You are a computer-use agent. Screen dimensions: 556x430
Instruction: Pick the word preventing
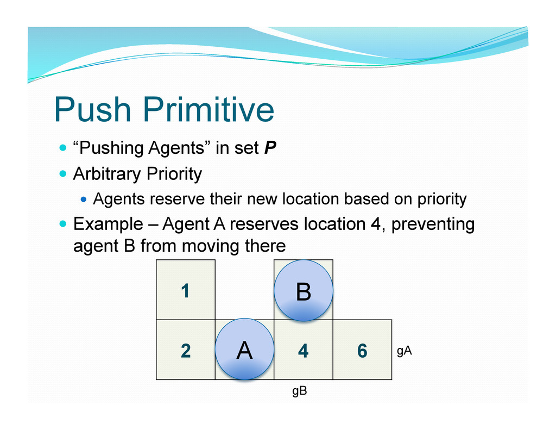click(x=433, y=224)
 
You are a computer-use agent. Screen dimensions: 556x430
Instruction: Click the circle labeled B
click(x=303, y=291)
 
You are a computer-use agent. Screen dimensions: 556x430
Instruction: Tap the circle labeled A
click(x=244, y=350)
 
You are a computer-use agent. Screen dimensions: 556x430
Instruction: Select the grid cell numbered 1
click(x=185, y=290)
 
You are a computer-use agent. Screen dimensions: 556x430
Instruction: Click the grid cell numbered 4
click(x=303, y=352)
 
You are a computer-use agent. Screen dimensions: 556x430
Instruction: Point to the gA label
click(x=404, y=351)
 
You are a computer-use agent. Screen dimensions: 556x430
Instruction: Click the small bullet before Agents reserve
click(x=84, y=200)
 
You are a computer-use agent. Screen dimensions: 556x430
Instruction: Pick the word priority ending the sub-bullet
click(x=441, y=200)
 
